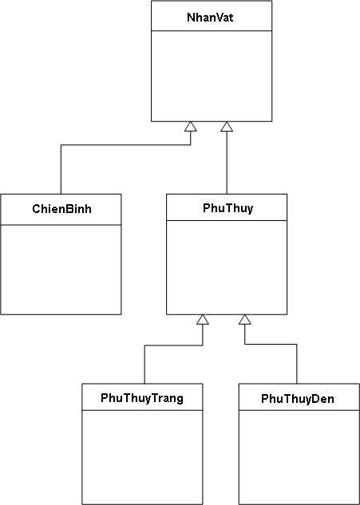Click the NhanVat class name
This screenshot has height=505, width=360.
tap(210, 17)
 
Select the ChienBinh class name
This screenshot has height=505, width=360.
tap(61, 209)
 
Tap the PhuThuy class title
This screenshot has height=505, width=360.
tap(227, 208)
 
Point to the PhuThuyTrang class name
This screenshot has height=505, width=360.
tap(142, 398)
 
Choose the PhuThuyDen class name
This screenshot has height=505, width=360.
tap(298, 399)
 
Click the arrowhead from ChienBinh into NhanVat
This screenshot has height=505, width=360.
tap(191, 127)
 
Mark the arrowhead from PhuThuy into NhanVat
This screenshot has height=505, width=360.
tap(227, 127)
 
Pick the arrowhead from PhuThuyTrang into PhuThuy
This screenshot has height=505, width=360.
tap(203, 319)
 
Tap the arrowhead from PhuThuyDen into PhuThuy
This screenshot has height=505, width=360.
tap(245, 319)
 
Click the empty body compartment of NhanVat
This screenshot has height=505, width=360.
tap(212, 76)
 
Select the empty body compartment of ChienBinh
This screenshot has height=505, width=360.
tap(61, 269)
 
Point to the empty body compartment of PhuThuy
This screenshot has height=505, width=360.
tap(227, 267)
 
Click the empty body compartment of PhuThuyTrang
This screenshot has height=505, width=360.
tap(142, 457)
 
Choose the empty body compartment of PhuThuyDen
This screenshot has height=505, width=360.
tap(299, 457)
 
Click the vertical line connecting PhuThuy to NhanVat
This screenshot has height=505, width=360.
tap(227, 163)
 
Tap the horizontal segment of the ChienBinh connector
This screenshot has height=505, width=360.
tap(125, 145)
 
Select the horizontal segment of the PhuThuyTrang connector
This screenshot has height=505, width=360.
tap(173, 345)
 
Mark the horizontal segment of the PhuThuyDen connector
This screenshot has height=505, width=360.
tap(271, 345)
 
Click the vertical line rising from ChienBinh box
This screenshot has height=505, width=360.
tap(61, 169)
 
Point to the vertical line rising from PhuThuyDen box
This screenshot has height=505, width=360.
tap(297, 364)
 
